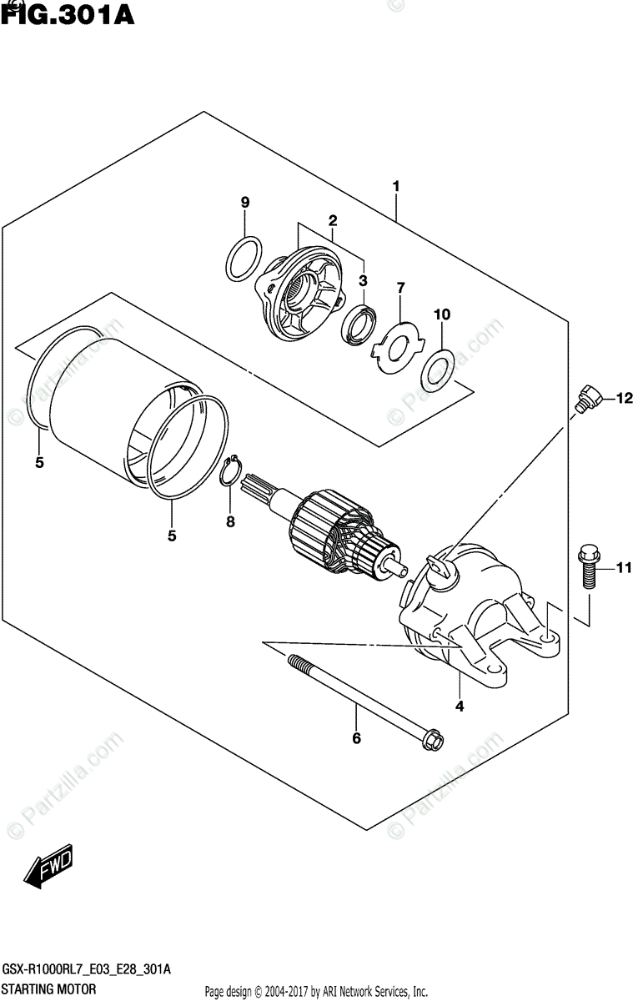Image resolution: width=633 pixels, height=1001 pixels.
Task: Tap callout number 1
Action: [x=396, y=186]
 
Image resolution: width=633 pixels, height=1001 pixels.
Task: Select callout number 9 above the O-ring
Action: [x=245, y=203]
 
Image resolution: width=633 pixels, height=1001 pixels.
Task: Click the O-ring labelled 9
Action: [x=243, y=259]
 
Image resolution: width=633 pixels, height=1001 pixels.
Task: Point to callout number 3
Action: [x=364, y=279]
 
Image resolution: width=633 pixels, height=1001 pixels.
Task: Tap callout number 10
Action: [x=442, y=314]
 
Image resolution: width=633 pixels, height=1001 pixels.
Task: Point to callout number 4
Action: [x=460, y=707]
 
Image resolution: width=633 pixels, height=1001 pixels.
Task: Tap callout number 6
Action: [x=356, y=738]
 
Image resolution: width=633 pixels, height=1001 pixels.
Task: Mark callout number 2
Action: [x=332, y=221]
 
